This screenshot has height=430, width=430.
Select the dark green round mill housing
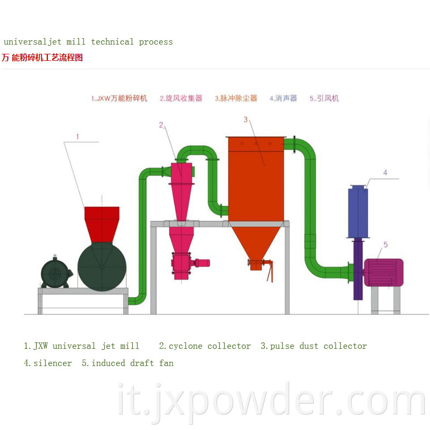click(102, 267)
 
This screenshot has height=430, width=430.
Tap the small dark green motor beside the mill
click(56, 273)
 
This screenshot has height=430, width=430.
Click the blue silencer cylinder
click(358, 212)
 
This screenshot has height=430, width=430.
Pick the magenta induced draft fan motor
click(384, 273)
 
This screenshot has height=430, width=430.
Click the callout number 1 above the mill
click(77, 137)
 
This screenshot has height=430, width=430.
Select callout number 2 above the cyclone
click(161, 125)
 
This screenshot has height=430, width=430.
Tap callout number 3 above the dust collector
click(246, 119)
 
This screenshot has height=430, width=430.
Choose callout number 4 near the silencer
click(385, 173)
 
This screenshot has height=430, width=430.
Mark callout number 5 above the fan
click(385, 245)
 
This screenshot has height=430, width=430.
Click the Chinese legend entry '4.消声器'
click(283, 98)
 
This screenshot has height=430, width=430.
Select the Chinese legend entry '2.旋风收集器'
click(181, 98)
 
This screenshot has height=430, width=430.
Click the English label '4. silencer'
click(48, 363)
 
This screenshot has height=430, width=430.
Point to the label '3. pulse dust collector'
click(314, 346)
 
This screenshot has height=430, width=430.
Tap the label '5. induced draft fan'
click(127, 363)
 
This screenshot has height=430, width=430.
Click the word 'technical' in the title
click(112, 42)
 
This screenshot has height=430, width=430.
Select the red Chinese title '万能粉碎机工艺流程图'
click(42, 58)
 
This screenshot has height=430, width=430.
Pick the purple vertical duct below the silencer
click(358, 269)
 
